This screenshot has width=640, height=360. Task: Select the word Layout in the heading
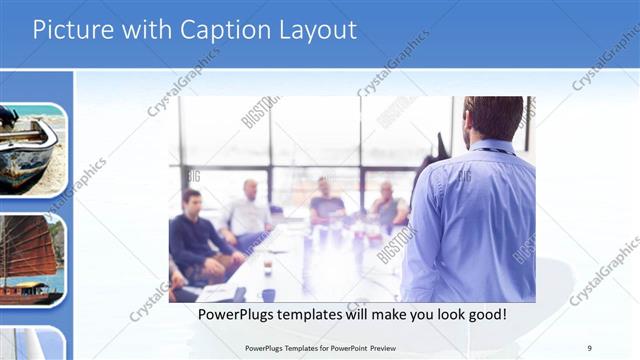tap(317, 30)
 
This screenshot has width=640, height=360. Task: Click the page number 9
tap(590, 347)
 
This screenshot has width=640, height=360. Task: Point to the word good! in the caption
tap(482, 314)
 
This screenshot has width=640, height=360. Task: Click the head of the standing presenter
tap(492, 118)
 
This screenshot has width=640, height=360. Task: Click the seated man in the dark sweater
tap(195, 240)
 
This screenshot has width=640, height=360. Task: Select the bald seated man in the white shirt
tap(247, 210)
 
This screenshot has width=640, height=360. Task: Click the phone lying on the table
tap(239, 294)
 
